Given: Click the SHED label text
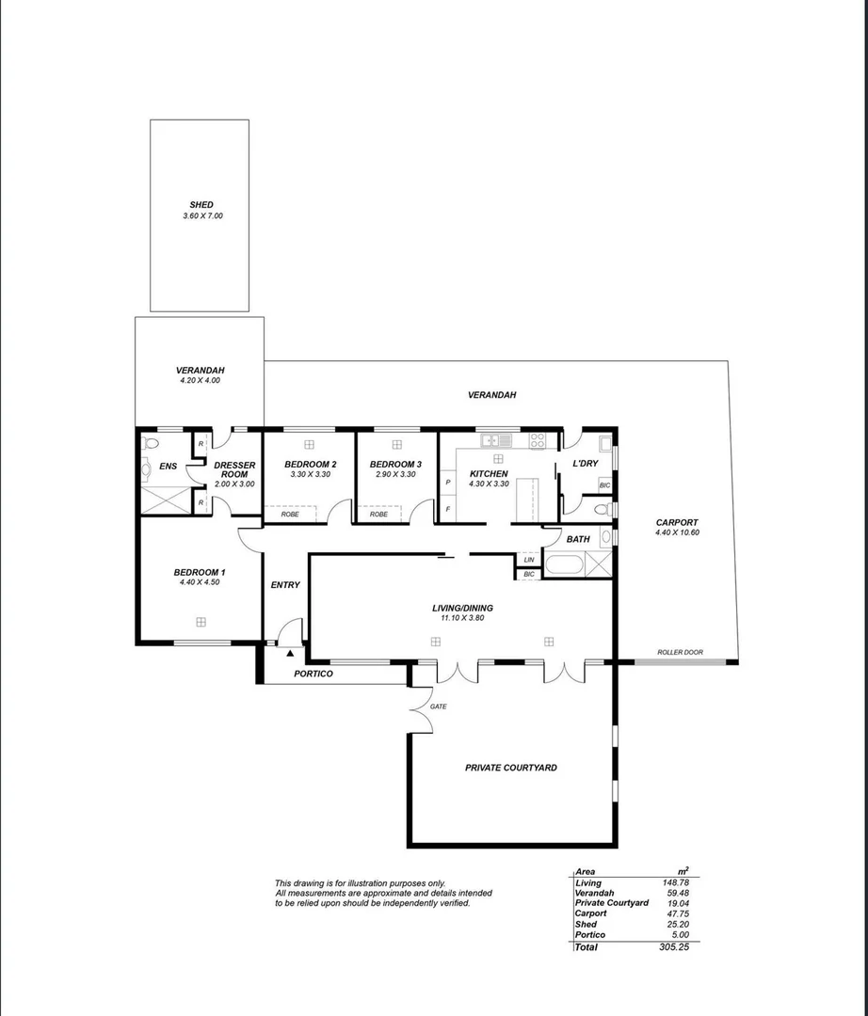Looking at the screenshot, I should click(201, 204).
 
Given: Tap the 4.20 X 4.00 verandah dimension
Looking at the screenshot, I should click(200, 381).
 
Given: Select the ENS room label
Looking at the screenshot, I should click(168, 466).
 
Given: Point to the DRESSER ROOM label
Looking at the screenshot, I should click(234, 469).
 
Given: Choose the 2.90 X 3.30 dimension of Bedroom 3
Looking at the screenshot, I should click(395, 475).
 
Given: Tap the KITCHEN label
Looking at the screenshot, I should click(489, 473).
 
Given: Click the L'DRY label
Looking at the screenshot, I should click(586, 465).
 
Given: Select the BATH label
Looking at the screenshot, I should click(577, 539).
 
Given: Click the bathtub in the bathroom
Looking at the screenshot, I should click(562, 565).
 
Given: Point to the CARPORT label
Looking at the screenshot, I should click(677, 522).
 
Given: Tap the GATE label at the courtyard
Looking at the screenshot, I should click(438, 706).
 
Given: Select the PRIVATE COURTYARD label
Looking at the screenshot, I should click(510, 768).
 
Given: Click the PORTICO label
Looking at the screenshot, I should click(313, 674).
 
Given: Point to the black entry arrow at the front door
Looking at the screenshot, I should click(291, 651).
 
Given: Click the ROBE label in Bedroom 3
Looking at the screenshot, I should click(378, 515).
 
